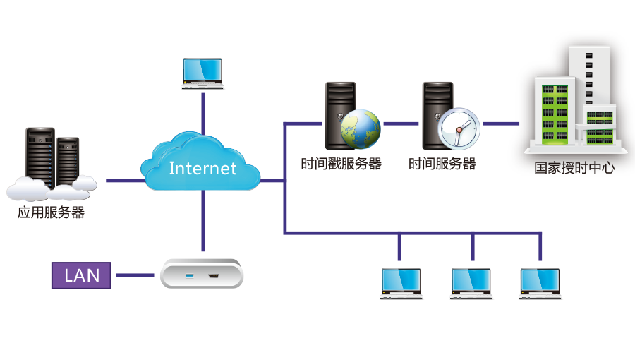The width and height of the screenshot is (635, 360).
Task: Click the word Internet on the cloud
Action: [202, 168]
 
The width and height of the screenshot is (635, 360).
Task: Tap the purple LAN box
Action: [82, 275]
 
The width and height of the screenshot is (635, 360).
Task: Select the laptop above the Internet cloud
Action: [202, 73]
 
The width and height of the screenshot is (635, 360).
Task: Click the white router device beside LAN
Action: [202, 273]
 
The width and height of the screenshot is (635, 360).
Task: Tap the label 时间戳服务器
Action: [341, 164]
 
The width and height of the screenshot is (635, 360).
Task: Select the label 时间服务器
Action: [442, 164]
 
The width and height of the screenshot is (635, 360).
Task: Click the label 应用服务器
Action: [51, 212]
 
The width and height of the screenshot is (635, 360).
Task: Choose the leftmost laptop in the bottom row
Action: [401, 284]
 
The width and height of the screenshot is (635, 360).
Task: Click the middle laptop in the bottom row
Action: [472, 284]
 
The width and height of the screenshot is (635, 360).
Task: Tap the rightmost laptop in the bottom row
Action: [540, 284]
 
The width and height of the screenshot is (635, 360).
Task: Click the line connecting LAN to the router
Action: [135, 275]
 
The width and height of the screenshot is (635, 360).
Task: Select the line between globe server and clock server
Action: [401, 124]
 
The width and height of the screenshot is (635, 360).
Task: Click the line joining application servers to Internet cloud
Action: [123, 181]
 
